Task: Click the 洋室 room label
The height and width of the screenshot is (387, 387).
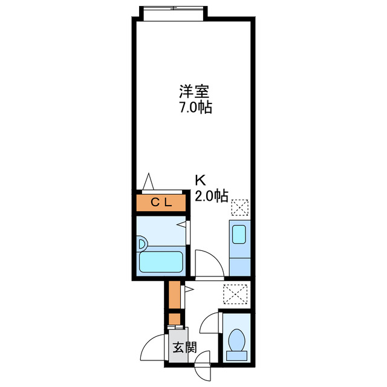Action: pos(193,93)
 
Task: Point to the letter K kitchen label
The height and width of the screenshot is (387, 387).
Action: pos(200,180)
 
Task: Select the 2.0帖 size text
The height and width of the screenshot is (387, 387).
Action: pos(211,195)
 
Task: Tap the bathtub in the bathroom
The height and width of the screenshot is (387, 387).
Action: pos(161,261)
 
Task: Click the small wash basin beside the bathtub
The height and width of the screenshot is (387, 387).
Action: pos(143,244)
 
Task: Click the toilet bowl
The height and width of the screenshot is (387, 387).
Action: pos(236,339)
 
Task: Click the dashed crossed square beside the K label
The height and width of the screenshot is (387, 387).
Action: pos(239,207)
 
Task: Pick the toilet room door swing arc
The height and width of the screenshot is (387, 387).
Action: pos(210,323)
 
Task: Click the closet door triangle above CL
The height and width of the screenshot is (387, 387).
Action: pos(149,182)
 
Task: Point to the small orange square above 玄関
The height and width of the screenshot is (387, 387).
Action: pos(174,317)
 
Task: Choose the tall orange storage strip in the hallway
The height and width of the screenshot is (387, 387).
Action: pos(174,294)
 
